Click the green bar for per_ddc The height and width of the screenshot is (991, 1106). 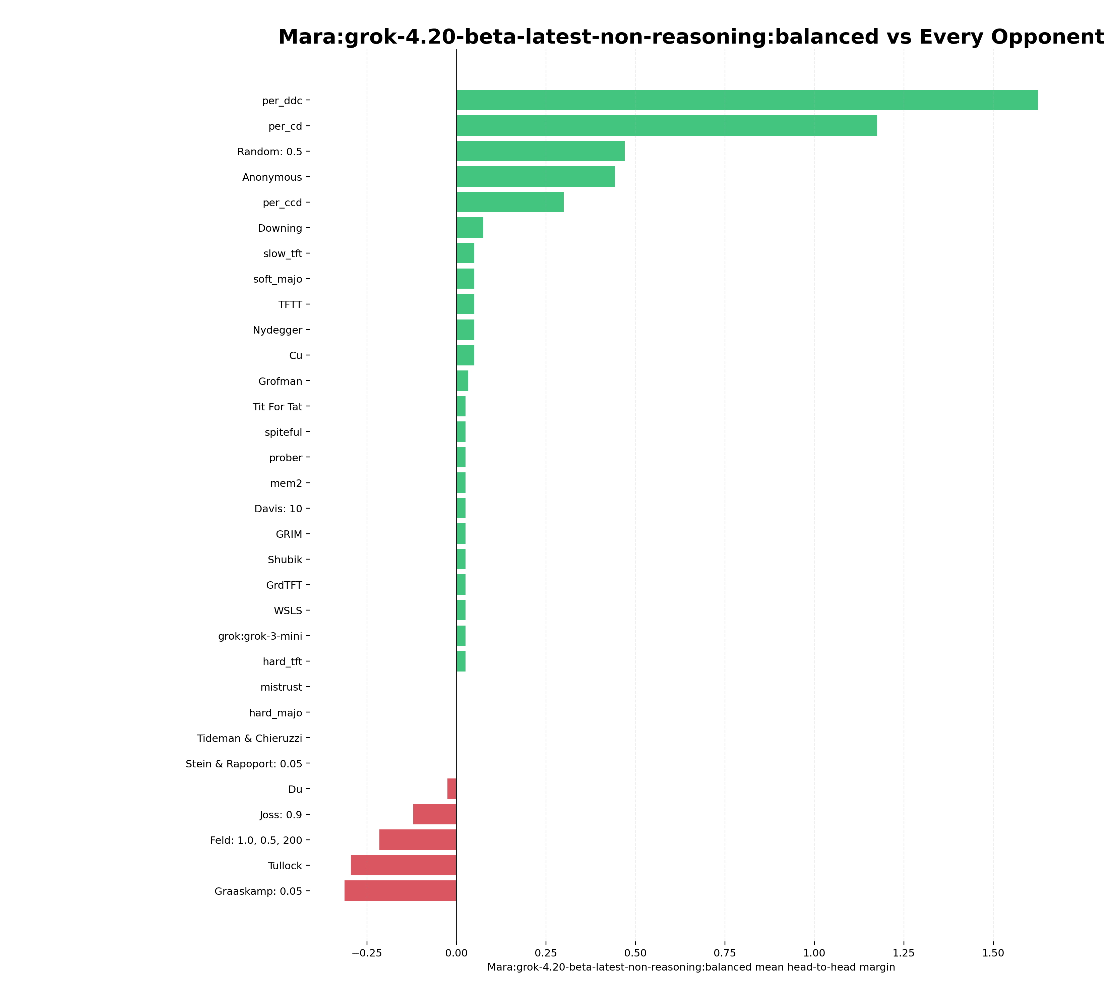tap(747, 100)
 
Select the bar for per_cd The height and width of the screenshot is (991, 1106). tap(666, 126)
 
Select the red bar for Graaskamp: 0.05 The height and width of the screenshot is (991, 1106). tap(400, 891)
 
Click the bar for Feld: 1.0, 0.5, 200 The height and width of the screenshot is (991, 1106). tap(418, 839)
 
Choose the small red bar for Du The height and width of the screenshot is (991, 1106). tap(452, 789)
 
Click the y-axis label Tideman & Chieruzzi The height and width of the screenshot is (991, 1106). tap(249, 738)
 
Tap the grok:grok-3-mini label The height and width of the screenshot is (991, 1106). tap(260, 636)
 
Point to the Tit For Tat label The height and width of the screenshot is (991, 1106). tap(277, 407)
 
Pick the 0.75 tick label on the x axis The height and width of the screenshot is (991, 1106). tap(725, 953)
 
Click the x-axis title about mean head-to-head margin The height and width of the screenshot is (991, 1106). tap(691, 967)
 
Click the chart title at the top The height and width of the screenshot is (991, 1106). tap(691, 37)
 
